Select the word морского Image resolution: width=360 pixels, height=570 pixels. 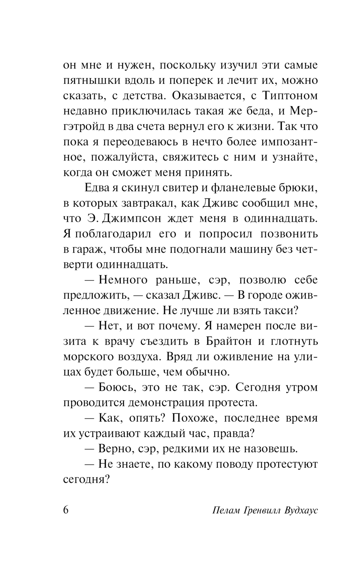tap(85, 356)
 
